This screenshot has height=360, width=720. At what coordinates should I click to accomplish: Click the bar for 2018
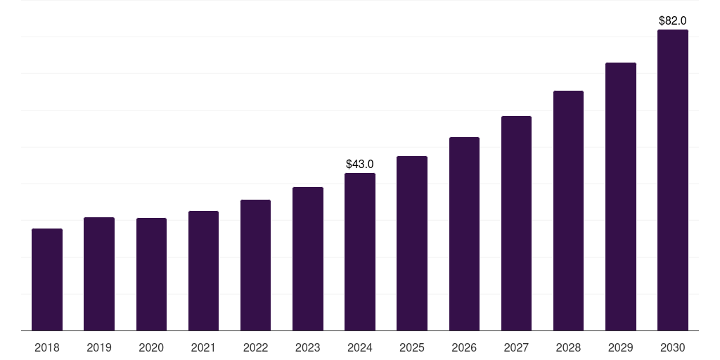coord(47,280)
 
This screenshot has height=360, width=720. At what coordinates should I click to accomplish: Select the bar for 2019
coord(99,274)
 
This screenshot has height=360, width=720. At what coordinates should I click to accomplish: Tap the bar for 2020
coord(151,274)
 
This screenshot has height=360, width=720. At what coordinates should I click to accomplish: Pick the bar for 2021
coord(203,271)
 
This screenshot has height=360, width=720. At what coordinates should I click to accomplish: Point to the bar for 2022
coord(255,265)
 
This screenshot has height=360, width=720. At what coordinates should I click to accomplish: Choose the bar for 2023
coord(308,259)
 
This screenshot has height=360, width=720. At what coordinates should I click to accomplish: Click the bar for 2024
coord(360,252)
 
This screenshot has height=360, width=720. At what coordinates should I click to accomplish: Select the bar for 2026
coord(464,234)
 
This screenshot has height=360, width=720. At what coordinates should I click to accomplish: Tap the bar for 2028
coord(568,211)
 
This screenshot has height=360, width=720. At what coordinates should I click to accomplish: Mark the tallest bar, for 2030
coord(673,180)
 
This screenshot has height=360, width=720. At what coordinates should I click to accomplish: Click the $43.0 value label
coord(360,164)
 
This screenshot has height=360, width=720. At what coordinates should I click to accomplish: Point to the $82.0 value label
coord(673,21)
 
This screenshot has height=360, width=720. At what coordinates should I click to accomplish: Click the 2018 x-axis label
coord(47,347)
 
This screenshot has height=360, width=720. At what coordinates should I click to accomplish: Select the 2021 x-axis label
coord(203,347)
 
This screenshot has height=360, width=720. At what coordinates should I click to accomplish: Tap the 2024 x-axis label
coord(360,347)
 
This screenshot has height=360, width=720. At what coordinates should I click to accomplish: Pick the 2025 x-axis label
coord(412,347)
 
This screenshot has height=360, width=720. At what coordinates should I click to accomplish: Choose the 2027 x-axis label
coord(516,347)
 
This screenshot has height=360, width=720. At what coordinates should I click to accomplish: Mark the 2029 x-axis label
coord(620,347)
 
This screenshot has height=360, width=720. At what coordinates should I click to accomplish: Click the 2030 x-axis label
coord(673,347)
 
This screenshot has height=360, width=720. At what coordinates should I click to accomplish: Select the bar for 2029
coord(620,197)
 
